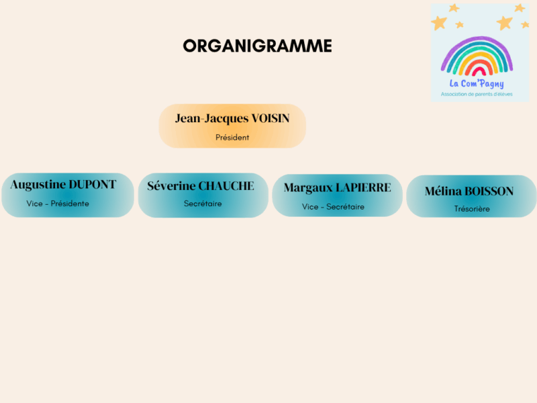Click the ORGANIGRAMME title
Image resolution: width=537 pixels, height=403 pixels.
point(258,46)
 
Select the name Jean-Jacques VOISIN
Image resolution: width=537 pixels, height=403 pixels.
point(232,119)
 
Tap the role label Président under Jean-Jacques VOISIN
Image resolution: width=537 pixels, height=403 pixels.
point(232,138)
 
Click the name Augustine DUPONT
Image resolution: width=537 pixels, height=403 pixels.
point(63,185)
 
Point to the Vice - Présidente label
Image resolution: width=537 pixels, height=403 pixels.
point(58,204)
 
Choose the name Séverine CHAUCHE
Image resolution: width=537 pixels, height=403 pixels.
point(201,186)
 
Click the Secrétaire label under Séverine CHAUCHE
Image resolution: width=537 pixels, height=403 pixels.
point(203,204)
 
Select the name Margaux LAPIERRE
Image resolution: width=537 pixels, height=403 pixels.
point(338,188)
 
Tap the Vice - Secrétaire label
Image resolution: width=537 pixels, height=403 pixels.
point(333,207)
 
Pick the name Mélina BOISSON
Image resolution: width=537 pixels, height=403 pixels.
point(469,191)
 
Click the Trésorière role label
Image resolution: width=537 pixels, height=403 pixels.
point(472,209)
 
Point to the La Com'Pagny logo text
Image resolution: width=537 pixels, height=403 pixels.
point(477,83)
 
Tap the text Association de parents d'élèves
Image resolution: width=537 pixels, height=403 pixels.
point(477,94)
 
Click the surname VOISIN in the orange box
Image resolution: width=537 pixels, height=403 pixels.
point(271,118)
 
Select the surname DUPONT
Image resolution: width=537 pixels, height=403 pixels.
point(93,184)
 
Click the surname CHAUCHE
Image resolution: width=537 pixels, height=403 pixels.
point(227,186)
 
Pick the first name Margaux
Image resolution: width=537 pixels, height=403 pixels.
point(308,188)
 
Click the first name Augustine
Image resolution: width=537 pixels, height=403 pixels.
point(38,185)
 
